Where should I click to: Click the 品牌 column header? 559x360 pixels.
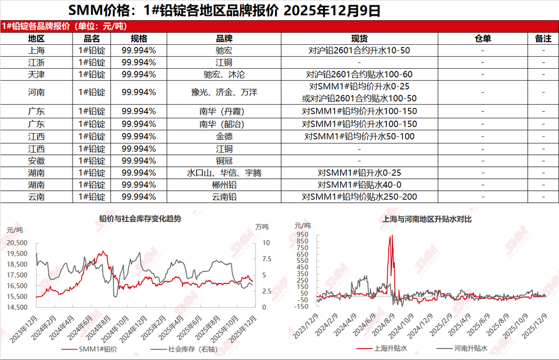224,38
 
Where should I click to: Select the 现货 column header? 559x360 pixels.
359,38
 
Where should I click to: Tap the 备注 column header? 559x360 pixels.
543,38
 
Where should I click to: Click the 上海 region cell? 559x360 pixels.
37,50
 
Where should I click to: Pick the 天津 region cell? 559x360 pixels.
37,74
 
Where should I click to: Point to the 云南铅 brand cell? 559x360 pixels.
224,196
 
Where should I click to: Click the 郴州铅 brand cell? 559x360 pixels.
224,184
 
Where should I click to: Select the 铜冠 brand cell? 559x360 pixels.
224,160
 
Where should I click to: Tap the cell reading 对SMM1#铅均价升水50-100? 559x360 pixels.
359,136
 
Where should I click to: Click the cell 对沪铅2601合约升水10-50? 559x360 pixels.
359,50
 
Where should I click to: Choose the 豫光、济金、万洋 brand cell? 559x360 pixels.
224,93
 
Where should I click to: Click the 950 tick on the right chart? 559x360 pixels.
302,235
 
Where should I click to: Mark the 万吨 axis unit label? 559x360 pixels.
262,226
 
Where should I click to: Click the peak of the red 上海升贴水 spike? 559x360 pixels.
391,236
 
